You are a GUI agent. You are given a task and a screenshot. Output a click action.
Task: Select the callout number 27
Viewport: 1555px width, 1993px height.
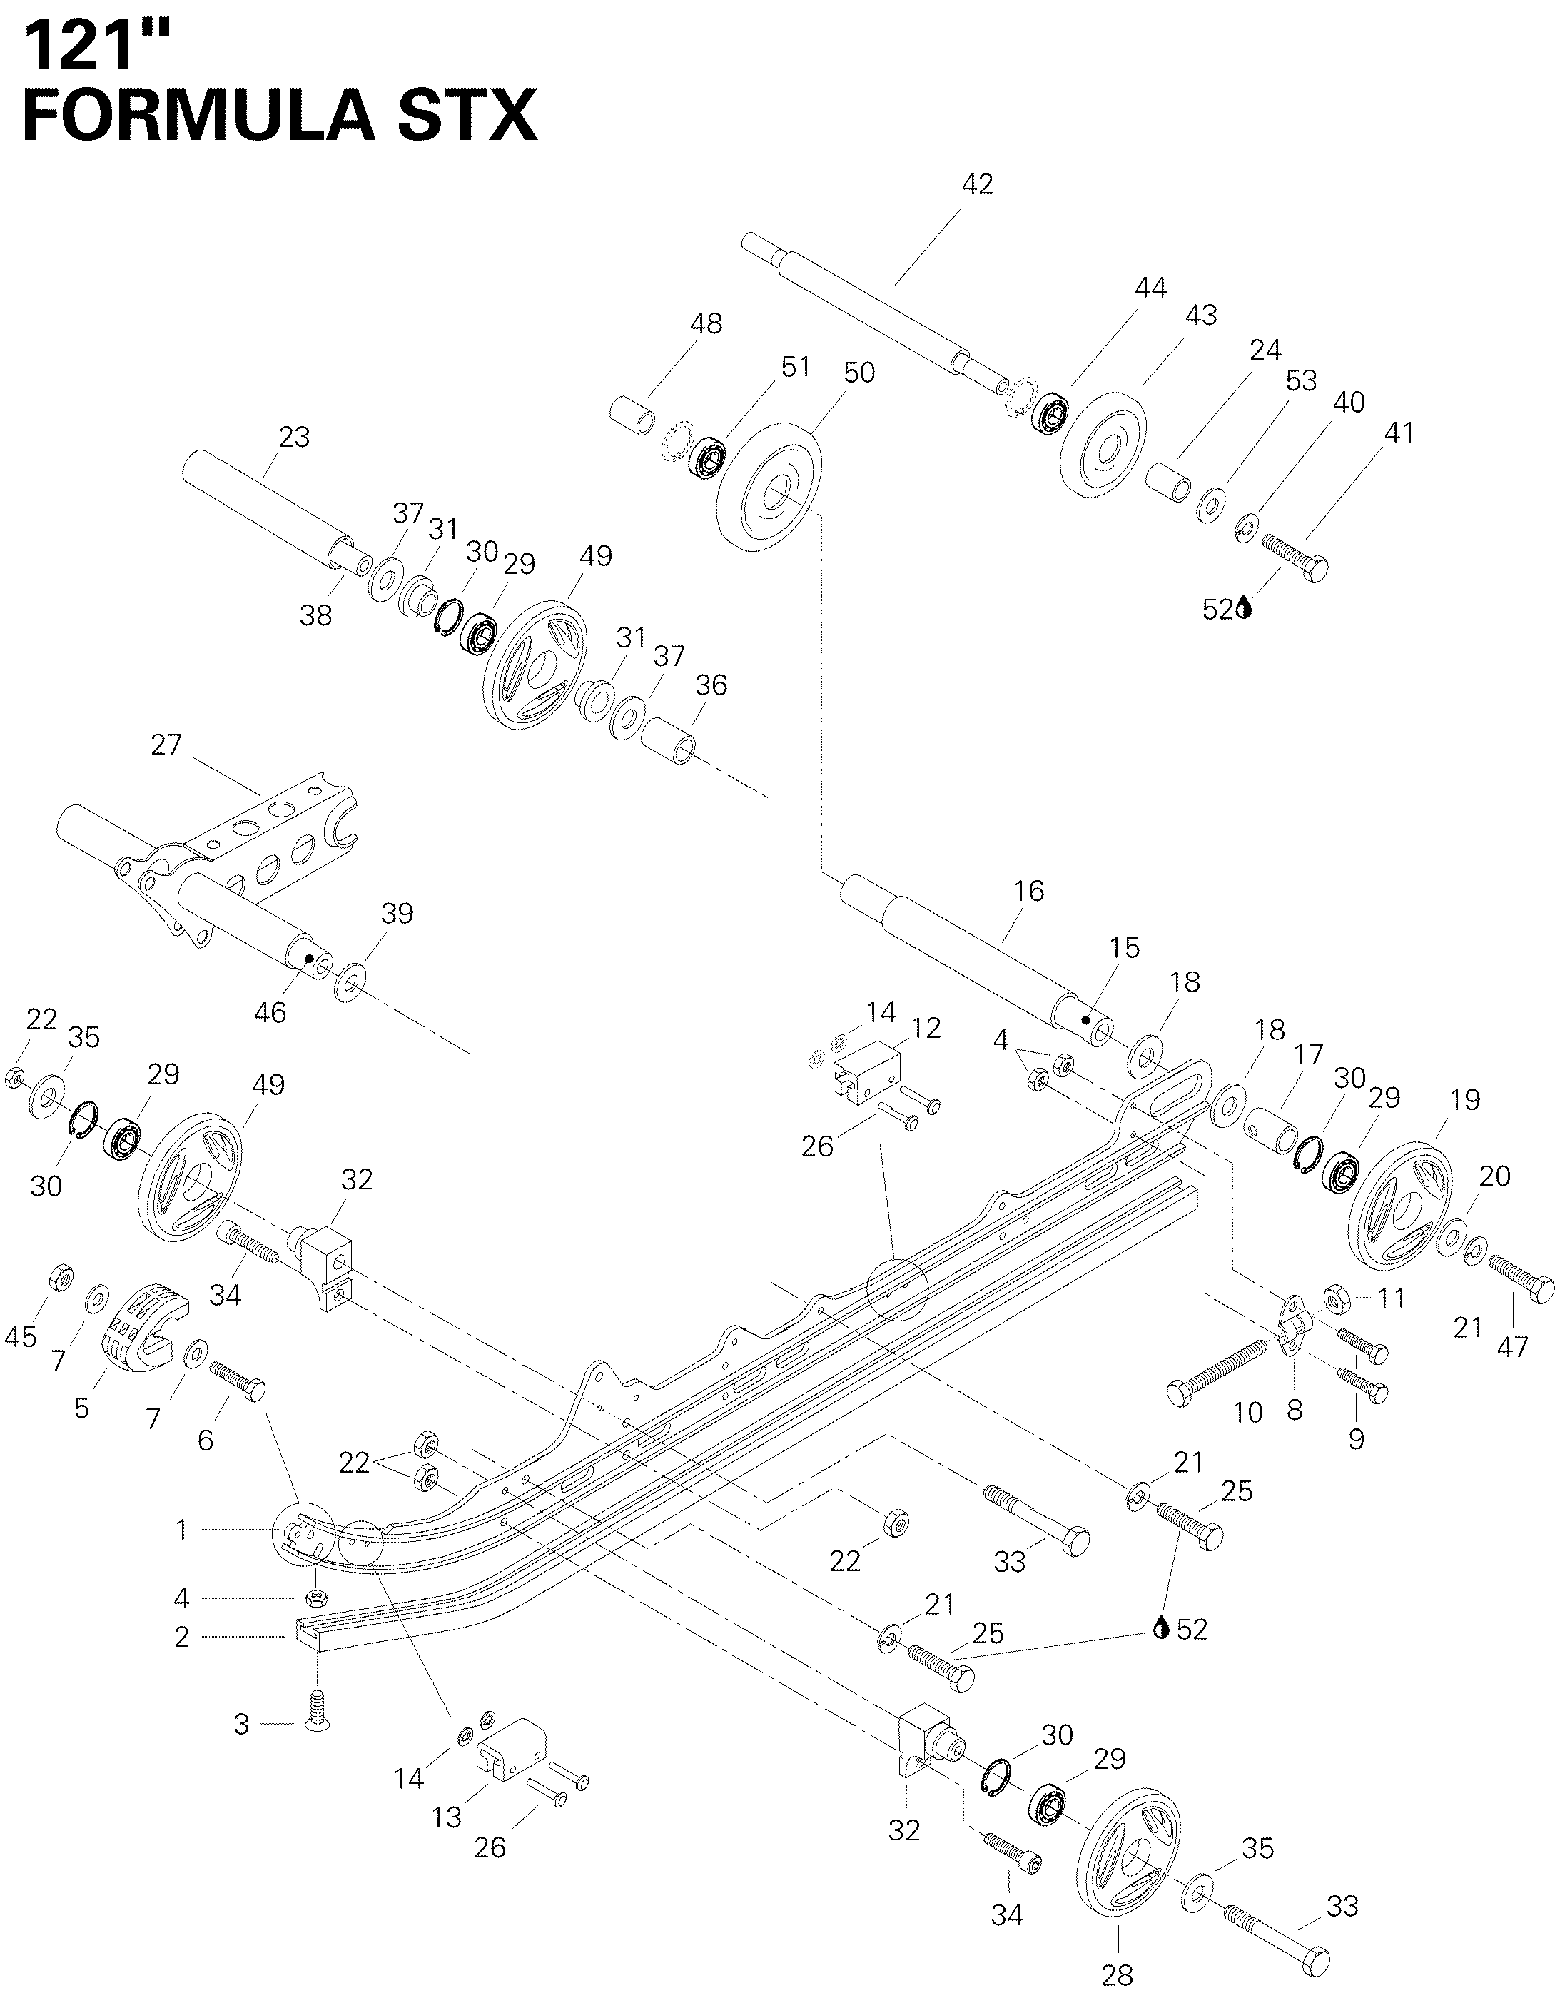click(x=166, y=745)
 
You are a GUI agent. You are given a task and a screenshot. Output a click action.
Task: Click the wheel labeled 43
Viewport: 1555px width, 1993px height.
click(x=1104, y=445)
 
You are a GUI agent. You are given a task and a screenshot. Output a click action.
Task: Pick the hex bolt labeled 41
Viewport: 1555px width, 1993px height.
click(x=1295, y=556)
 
